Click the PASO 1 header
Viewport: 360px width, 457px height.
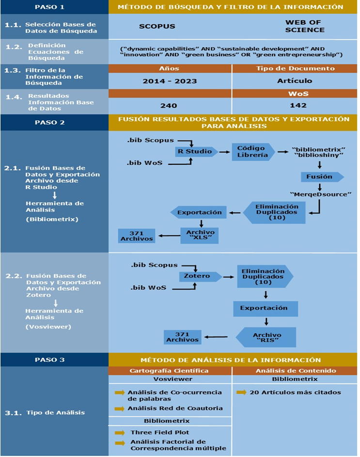tap(54, 7)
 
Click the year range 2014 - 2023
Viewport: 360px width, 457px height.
tap(168, 81)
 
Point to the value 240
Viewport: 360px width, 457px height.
tap(168, 105)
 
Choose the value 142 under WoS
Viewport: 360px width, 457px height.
tap(295, 105)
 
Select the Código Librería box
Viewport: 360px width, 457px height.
tap(252, 152)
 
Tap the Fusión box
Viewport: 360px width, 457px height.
tap(320, 177)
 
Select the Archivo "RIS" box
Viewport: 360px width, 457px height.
tap(267, 338)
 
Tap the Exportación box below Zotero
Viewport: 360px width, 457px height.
tap(265, 308)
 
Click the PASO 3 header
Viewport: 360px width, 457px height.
tap(54, 360)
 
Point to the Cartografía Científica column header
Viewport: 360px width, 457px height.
tap(170, 371)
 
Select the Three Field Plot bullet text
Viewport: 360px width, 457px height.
tap(159, 432)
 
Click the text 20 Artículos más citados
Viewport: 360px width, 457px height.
tap(295, 392)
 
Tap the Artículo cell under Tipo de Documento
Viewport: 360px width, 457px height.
tap(295, 81)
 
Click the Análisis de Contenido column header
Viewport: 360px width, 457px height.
tap(295, 371)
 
